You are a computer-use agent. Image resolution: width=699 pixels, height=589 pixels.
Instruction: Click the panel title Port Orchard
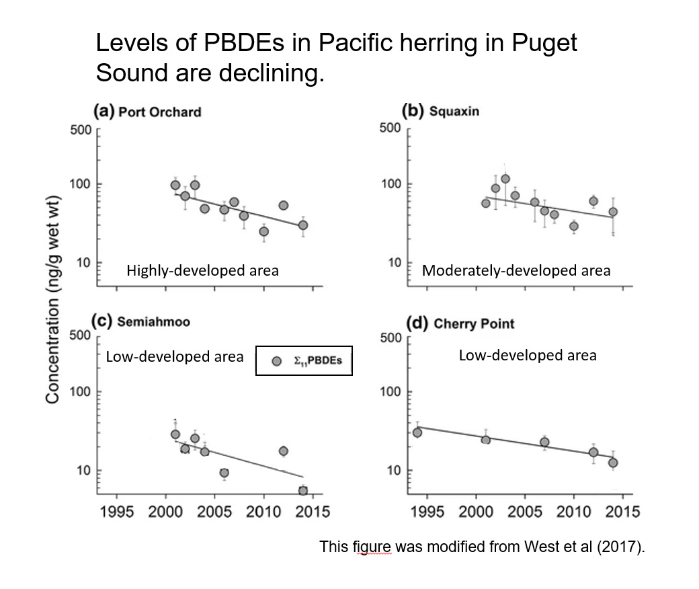(x=159, y=112)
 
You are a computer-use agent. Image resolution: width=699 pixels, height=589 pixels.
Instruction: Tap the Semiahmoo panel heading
(x=153, y=321)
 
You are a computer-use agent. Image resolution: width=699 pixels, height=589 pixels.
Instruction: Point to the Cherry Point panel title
(x=474, y=323)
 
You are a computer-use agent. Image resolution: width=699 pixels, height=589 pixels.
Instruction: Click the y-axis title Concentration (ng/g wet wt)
(x=53, y=299)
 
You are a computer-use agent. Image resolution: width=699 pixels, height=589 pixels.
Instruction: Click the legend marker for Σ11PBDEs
(x=276, y=361)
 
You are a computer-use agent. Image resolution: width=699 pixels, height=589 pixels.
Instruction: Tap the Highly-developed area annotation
(x=202, y=270)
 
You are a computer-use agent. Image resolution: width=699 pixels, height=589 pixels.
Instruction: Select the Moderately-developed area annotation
(x=516, y=270)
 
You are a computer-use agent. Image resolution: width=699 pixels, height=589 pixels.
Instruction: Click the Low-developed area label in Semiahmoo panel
(x=175, y=356)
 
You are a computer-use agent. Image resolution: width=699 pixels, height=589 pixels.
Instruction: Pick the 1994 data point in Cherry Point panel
(x=417, y=432)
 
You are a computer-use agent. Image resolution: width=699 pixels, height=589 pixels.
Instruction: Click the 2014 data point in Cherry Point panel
(x=612, y=463)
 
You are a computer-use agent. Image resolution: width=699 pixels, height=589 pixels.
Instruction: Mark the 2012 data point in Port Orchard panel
(x=283, y=205)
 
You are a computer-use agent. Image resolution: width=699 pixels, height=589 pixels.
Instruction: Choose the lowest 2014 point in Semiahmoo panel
(x=302, y=490)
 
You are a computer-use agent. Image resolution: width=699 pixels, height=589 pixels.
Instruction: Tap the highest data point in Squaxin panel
(x=505, y=179)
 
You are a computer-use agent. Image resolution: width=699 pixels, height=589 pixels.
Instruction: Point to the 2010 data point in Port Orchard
(x=263, y=231)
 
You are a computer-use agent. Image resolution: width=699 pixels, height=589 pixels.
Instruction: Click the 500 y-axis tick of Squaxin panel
(x=390, y=128)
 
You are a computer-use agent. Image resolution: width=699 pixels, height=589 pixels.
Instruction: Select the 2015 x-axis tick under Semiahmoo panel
(x=313, y=512)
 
